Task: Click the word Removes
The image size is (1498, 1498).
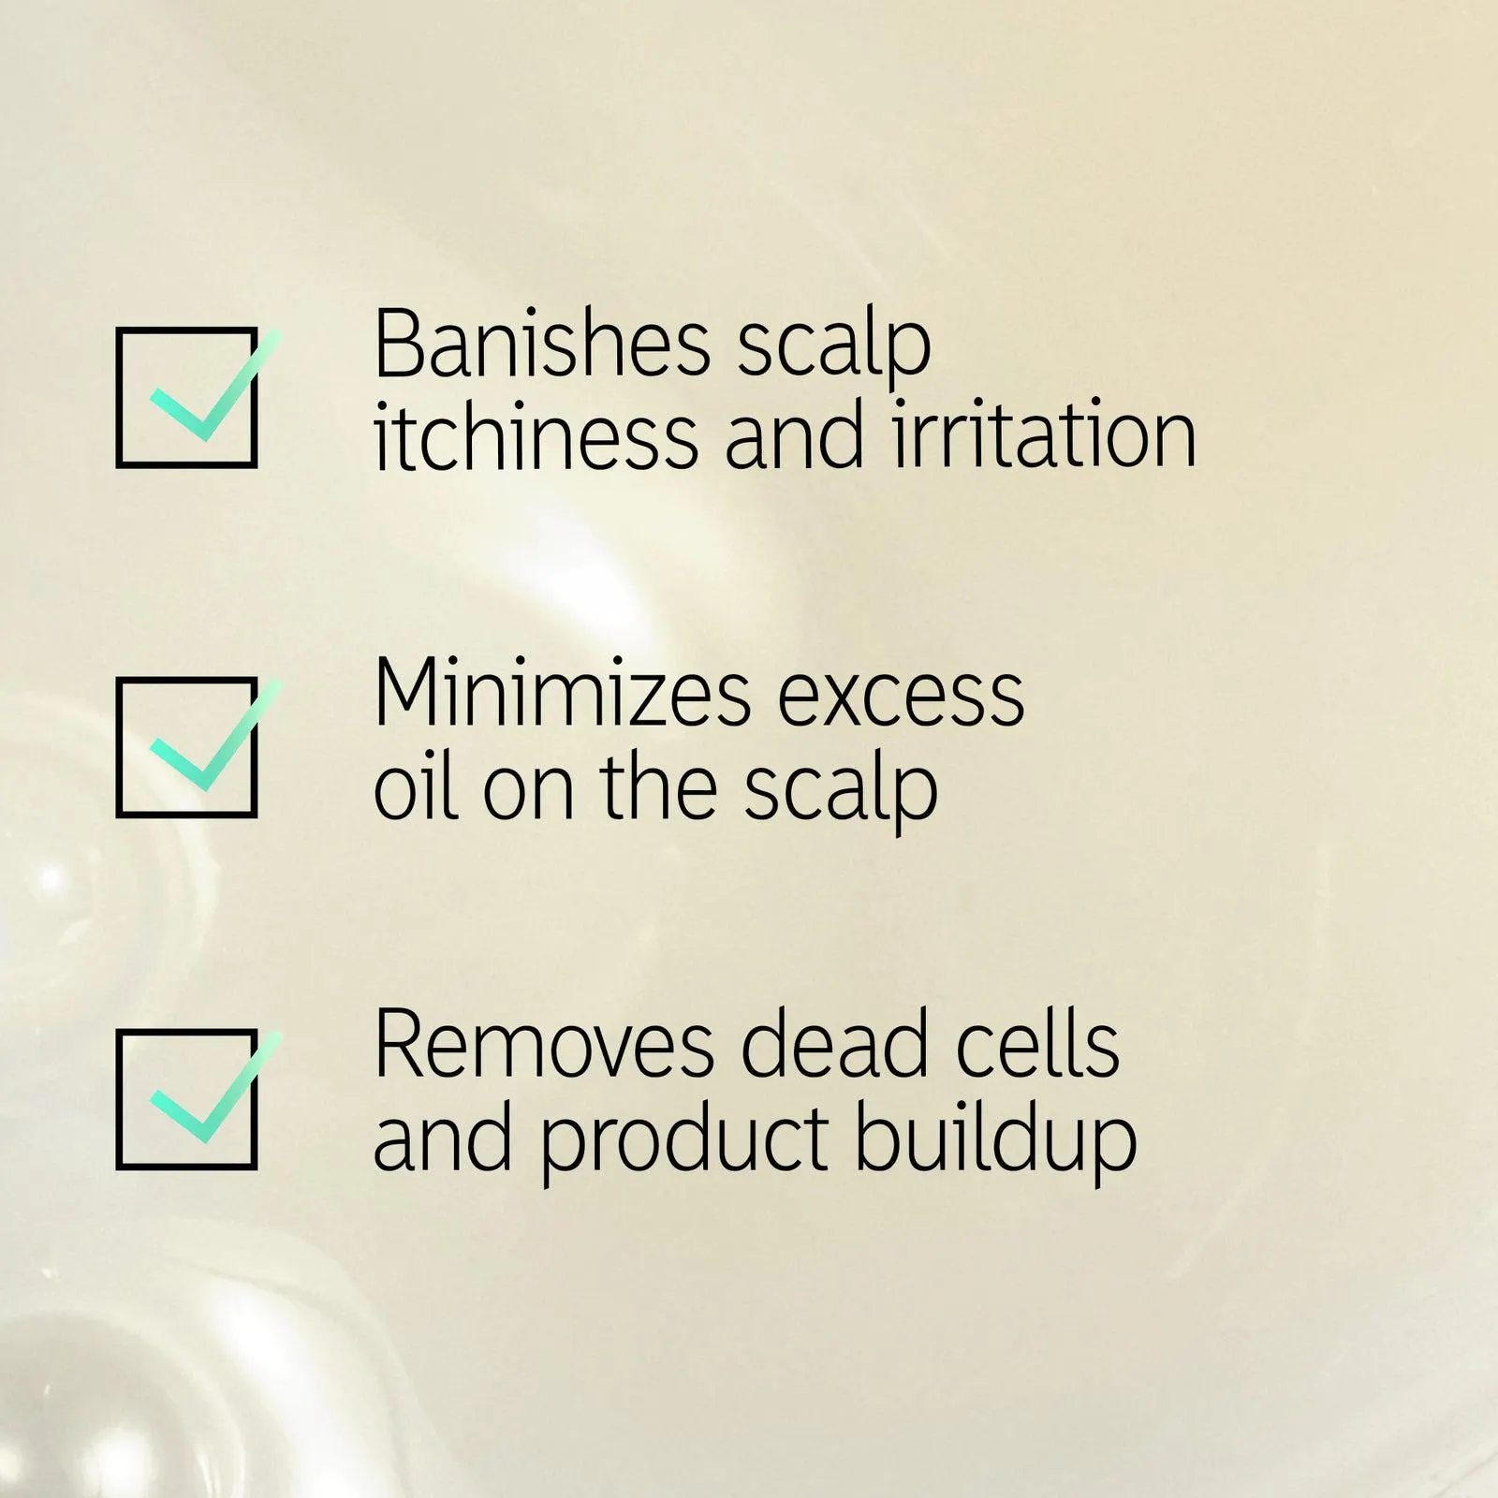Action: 544,1046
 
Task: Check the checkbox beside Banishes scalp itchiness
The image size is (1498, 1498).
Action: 187,397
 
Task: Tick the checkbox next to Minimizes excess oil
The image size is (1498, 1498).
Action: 187,747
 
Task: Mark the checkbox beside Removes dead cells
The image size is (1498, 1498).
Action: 187,1099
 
